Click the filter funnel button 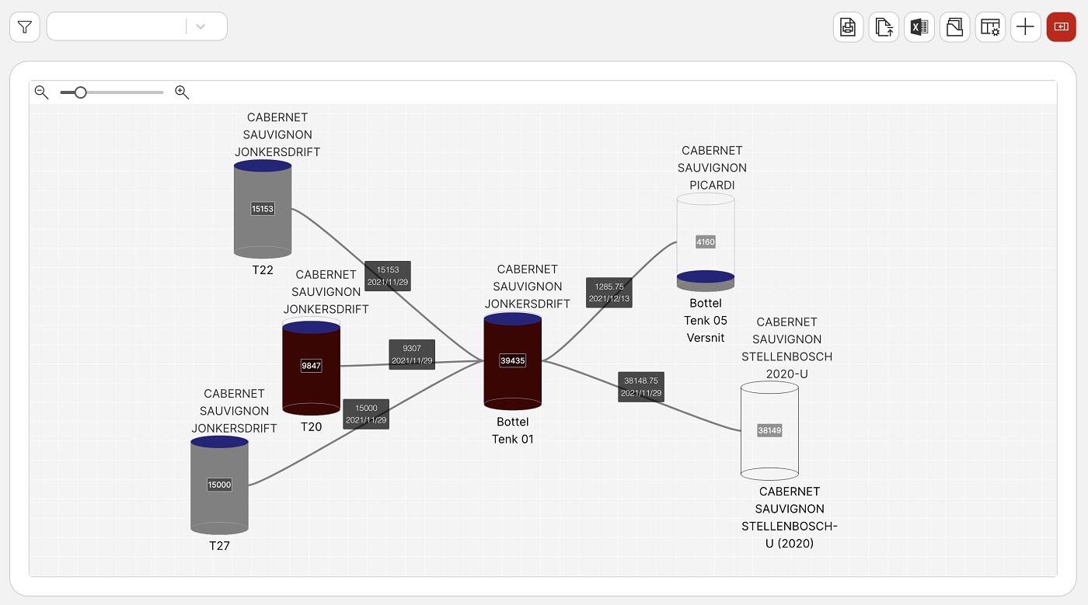(25, 27)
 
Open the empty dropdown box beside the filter (137, 26)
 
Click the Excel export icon (919, 27)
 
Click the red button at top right (1061, 27)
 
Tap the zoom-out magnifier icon (42, 92)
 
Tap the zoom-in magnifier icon (182, 92)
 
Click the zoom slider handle (80, 92)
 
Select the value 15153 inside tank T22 (263, 209)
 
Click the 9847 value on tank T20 (311, 365)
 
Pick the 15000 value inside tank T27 (219, 485)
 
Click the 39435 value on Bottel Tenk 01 (512, 360)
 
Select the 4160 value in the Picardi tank (706, 242)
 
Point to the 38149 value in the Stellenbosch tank (769, 430)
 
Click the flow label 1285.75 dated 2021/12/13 (609, 293)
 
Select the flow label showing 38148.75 (641, 387)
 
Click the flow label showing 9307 (412, 354)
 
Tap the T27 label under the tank (219, 546)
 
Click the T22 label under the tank (263, 270)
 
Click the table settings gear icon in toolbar (990, 27)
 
